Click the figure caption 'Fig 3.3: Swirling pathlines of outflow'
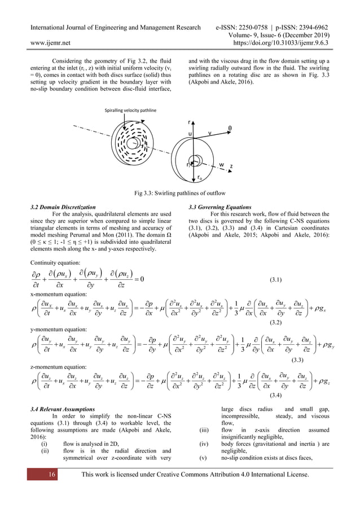[x=180, y=194]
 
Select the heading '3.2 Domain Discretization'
[x=64, y=207]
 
